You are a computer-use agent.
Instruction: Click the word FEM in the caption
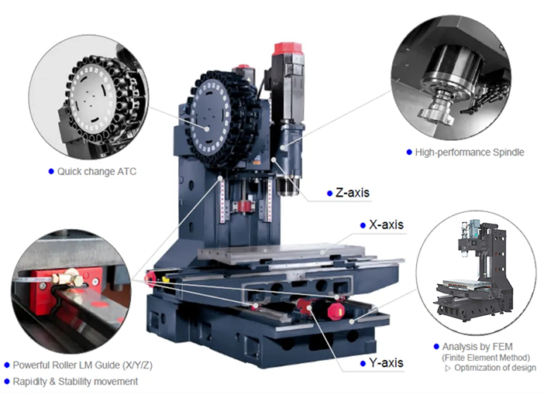502,347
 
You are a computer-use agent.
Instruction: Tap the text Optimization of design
495,368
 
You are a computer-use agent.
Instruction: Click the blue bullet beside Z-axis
329,194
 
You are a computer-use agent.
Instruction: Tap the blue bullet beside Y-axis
363,364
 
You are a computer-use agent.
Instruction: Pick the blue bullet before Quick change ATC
51,172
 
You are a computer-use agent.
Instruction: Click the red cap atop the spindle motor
287,49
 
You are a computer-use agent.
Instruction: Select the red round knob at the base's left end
151,279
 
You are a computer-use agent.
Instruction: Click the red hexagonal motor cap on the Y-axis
336,311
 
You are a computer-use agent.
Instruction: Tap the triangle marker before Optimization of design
448,369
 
